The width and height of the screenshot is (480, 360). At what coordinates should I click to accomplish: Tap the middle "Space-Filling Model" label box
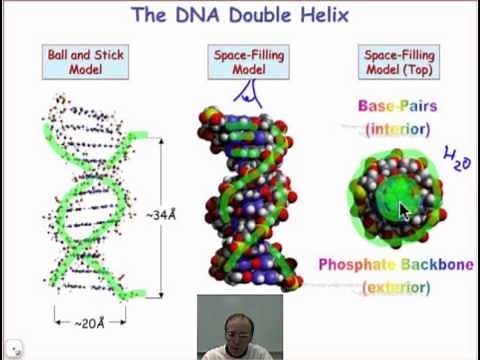(247, 63)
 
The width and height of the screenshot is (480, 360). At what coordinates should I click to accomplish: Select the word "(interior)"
(397, 129)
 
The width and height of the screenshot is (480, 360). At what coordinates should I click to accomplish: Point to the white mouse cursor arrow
(405, 212)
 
